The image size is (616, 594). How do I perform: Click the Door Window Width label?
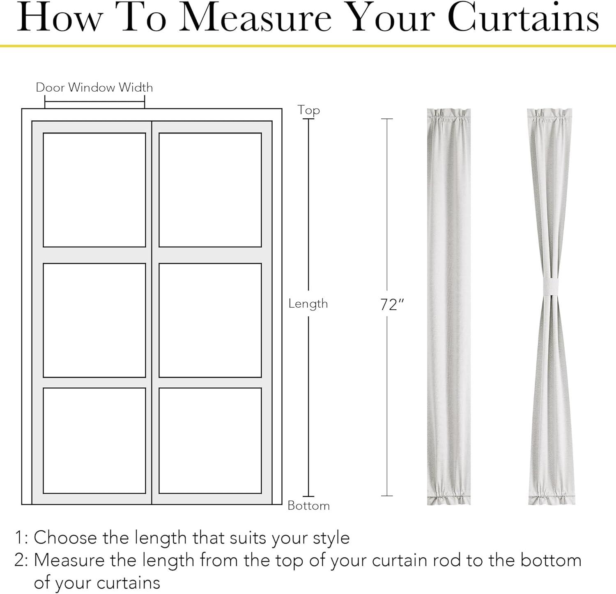[x=94, y=87]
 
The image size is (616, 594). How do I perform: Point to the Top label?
[x=309, y=111]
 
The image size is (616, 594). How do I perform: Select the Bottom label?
[x=309, y=505]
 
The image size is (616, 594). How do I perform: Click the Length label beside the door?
[x=308, y=304]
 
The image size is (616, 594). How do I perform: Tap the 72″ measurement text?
[x=392, y=305]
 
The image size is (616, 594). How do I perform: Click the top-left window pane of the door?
[x=94, y=190]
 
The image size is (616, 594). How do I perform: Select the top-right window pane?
[x=210, y=190]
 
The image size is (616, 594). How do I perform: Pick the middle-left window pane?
[x=94, y=320]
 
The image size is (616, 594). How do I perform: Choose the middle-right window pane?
[x=210, y=320]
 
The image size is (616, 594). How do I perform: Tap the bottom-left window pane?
[x=94, y=440]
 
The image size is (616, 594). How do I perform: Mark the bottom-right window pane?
[x=210, y=440]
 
